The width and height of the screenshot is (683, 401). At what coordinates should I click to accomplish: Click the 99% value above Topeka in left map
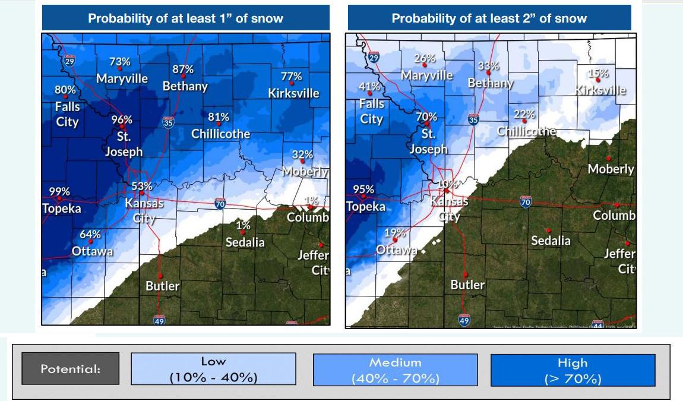tap(59, 191)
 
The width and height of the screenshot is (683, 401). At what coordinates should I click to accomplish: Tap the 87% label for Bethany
tap(183, 69)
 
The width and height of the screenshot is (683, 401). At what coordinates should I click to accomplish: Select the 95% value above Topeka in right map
tap(363, 190)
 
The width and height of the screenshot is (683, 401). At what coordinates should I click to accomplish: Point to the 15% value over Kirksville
tap(598, 74)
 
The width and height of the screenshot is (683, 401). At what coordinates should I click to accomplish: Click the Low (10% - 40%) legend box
tap(213, 370)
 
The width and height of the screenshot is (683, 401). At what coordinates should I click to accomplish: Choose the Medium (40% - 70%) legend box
tap(395, 370)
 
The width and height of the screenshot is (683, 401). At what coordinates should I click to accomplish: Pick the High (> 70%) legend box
tap(573, 370)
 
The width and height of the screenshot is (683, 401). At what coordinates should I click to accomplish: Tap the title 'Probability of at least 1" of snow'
tap(186, 18)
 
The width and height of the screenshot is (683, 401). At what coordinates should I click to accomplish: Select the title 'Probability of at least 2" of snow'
tap(489, 18)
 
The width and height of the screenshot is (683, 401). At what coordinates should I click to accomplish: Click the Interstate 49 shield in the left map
tap(159, 320)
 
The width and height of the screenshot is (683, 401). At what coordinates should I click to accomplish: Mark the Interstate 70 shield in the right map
tap(525, 201)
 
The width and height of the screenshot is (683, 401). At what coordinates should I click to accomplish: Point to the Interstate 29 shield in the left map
tap(70, 61)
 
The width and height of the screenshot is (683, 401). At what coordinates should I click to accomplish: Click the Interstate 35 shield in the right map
tap(473, 119)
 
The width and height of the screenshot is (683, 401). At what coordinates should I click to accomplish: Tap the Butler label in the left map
tap(162, 286)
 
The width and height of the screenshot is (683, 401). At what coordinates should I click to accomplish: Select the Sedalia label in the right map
tap(551, 241)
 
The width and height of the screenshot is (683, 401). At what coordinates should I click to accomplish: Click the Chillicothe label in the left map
tap(220, 134)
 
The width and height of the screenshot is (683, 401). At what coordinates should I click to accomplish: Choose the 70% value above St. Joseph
tap(426, 116)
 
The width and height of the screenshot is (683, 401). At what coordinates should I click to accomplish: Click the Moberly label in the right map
tap(611, 169)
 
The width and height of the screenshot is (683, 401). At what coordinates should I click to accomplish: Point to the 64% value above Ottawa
tap(90, 234)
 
